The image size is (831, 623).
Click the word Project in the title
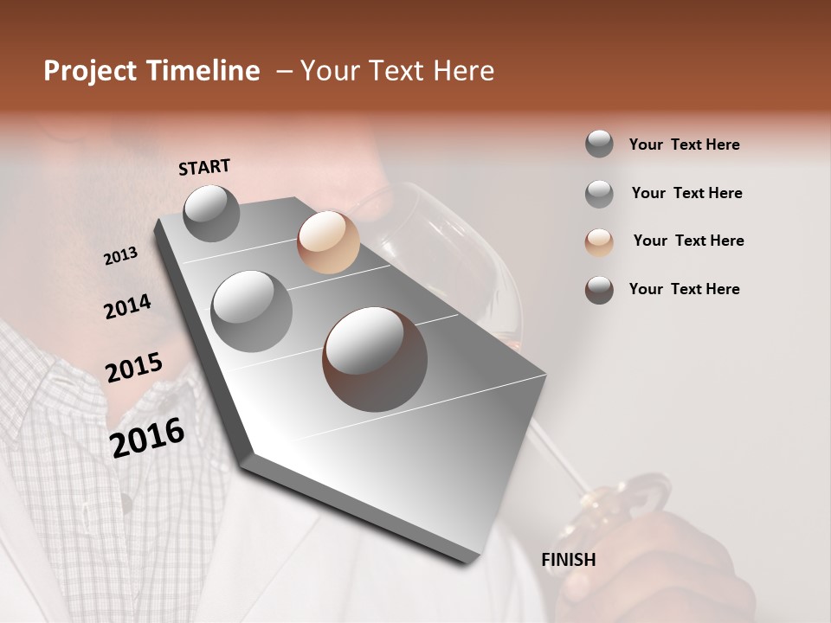[87, 71]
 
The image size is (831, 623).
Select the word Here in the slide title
[463, 71]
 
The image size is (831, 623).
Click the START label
[204, 167]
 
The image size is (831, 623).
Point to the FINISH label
[569, 560]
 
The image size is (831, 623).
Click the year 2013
[120, 256]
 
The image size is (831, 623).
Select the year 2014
[127, 306]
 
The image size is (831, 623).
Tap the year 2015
[133, 368]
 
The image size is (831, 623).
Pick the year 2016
[147, 437]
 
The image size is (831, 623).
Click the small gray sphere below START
[211, 213]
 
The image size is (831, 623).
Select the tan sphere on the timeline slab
[328, 242]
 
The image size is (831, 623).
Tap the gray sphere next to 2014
[251, 311]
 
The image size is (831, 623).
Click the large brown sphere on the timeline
[374, 358]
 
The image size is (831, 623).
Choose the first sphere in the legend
[599, 144]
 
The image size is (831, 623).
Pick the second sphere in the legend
[599, 194]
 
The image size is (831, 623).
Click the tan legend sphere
[599, 242]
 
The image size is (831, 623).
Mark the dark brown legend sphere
[599, 290]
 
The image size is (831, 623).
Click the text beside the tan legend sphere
[688, 241]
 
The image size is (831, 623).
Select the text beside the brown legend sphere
[684, 289]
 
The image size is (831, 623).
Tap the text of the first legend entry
[684, 145]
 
